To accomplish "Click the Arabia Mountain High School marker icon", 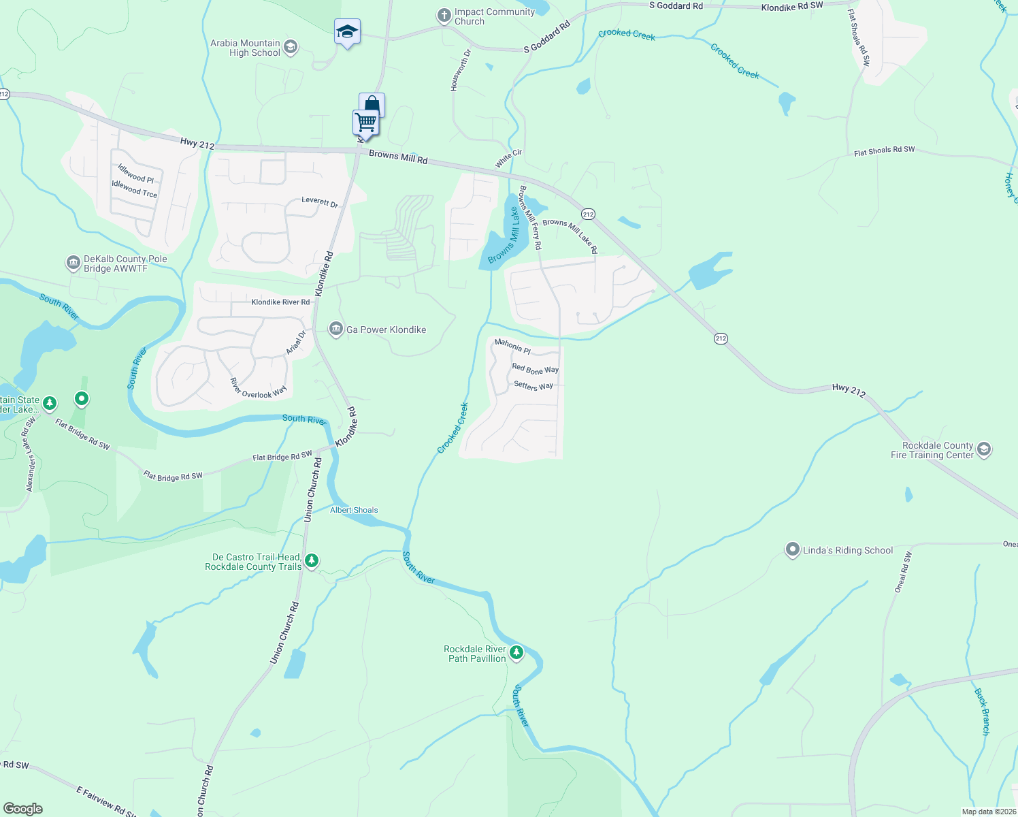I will pyautogui.click(x=291, y=47).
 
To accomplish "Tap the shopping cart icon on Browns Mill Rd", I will pyautogui.click(x=365, y=123).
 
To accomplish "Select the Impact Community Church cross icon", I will pyautogui.click(x=444, y=16).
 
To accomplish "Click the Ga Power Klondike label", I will pyautogui.click(x=386, y=330).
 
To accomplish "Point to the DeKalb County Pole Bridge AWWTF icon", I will pyautogui.click(x=73, y=263).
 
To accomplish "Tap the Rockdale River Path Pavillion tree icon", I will pyautogui.click(x=516, y=653).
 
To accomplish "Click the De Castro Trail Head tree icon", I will pyautogui.click(x=312, y=561).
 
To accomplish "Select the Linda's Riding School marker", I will pyautogui.click(x=792, y=549).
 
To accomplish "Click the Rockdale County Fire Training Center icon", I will pyautogui.click(x=983, y=449).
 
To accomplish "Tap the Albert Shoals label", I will pyautogui.click(x=354, y=510).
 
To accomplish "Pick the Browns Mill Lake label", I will pyautogui.click(x=504, y=236).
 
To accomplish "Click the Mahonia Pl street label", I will pyautogui.click(x=512, y=346).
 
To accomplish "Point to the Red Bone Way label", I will pyautogui.click(x=535, y=369).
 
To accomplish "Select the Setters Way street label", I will pyautogui.click(x=533, y=386).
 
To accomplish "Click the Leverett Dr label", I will pyautogui.click(x=320, y=202).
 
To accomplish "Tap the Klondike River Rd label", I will pyautogui.click(x=280, y=302).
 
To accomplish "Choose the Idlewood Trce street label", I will pyautogui.click(x=134, y=189).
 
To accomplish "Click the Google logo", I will pyautogui.click(x=23, y=808).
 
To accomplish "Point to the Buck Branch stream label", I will pyautogui.click(x=982, y=711).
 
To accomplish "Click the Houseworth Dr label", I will pyautogui.click(x=460, y=70).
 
